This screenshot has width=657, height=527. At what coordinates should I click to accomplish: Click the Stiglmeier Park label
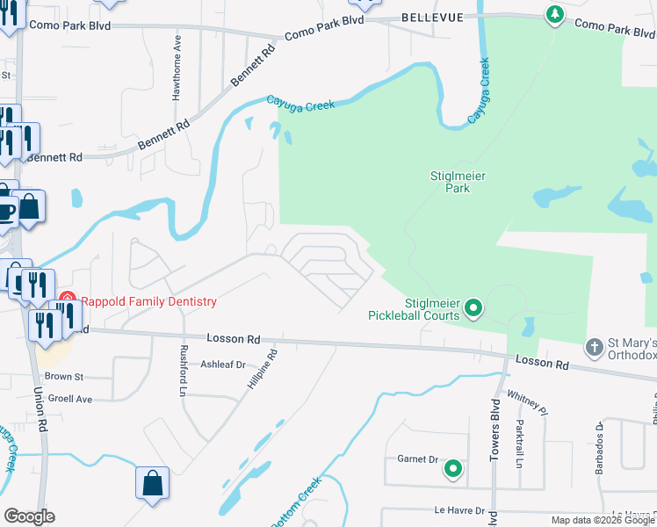pos(458,182)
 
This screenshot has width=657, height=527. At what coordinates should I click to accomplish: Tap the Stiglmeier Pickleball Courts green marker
pos(474,307)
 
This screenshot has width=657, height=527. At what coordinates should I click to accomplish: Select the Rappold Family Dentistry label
pos(148,301)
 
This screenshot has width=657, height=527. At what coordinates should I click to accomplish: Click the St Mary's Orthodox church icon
pos(595,347)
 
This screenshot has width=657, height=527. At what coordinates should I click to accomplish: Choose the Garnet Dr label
pos(417,458)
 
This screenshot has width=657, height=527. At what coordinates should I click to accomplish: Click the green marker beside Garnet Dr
pos(453,469)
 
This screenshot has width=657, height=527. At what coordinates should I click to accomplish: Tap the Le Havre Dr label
pos(459,510)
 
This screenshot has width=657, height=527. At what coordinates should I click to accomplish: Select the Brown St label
pos(63,377)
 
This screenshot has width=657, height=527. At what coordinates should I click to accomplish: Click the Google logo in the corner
pos(29,516)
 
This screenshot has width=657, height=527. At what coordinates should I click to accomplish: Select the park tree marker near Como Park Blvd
pos(554,14)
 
